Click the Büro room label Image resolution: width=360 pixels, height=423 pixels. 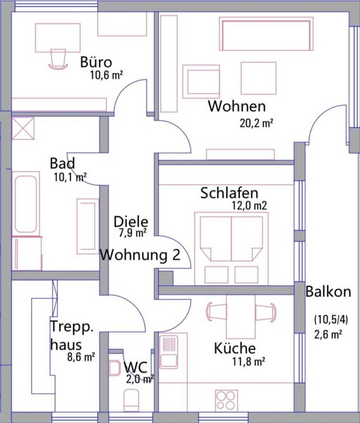[x=96, y=62]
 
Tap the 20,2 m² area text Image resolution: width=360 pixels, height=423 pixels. [x=257, y=123]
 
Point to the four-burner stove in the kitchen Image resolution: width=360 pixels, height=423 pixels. [x=227, y=401]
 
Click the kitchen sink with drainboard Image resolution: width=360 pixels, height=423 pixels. [x=169, y=352]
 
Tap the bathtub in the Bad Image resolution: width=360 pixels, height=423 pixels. [x=26, y=204]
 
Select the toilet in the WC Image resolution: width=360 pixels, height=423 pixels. [x=131, y=400]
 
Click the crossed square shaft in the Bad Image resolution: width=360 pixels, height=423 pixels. [x=23, y=129]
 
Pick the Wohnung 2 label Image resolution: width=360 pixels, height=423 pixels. [x=140, y=255]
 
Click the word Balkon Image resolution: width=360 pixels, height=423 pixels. [x=328, y=292]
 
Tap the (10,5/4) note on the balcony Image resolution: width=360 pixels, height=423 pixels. [x=331, y=320]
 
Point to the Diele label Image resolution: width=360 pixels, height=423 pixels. [x=131, y=222]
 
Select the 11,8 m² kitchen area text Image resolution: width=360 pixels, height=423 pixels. [x=249, y=361]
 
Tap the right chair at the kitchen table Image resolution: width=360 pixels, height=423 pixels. [x=266, y=311]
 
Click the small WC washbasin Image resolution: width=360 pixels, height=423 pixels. [x=114, y=368]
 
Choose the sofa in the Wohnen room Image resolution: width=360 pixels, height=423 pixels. [x=266, y=34]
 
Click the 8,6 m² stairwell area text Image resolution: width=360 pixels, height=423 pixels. [x=81, y=357]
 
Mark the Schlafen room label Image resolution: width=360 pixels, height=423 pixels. [x=229, y=193]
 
